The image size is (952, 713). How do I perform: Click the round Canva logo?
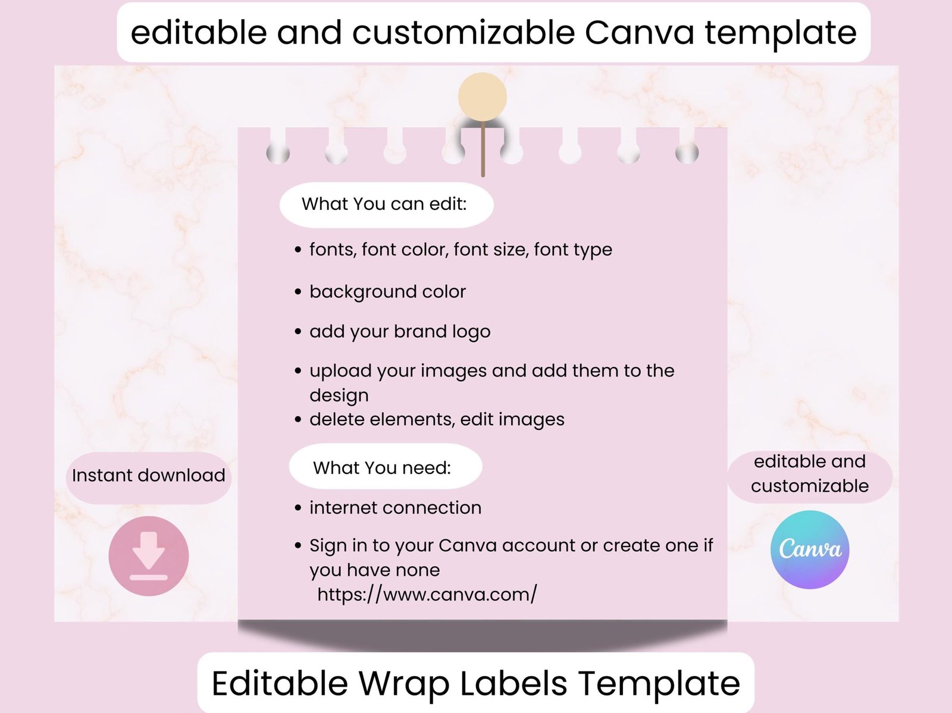tap(810, 549)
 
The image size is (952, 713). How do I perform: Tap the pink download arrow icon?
tap(149, 555)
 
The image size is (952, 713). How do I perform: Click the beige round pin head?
tap(483, 97)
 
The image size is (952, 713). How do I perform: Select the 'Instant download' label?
tap(148, 476)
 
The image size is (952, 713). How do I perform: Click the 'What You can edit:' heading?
tap(384, 204)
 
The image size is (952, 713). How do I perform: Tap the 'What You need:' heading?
tap(382, 467)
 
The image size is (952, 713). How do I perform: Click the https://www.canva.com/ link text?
tap(427, 594)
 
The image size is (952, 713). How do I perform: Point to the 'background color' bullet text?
tap(387, 291)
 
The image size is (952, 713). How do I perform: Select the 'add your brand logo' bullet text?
tap(400, 332)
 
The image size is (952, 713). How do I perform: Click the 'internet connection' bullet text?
tap(396, 508)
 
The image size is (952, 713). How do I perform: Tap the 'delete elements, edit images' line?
tap(437, 420)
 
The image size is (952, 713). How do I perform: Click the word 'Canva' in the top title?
tap(639, 33)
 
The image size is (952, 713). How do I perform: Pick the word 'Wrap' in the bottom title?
tap(404, 683)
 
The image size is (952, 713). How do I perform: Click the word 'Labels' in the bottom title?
tap(513, 683)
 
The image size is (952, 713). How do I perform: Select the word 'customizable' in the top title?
tap(464, 32)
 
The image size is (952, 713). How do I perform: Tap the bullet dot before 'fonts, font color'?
tap(298, 250)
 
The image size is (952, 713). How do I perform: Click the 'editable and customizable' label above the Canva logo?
tap(810, 473)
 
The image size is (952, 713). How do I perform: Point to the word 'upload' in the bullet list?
tap(340, 372)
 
